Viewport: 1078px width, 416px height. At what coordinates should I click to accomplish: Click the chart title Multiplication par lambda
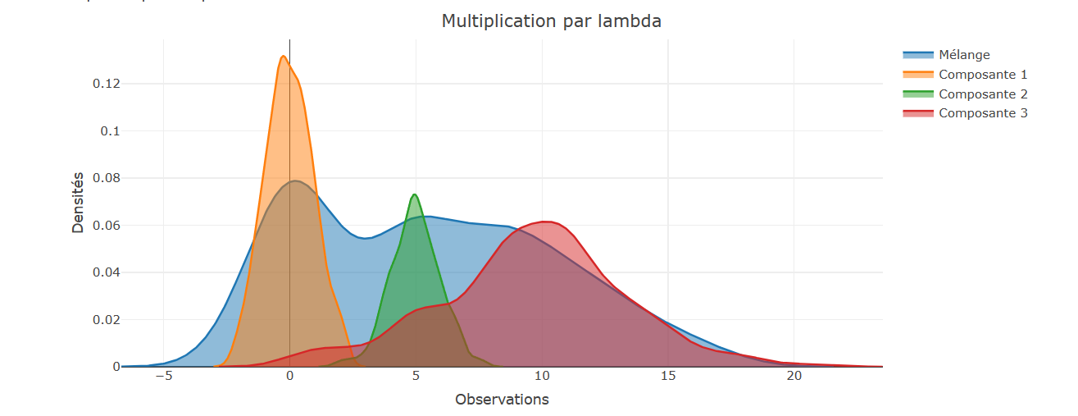(551, 21)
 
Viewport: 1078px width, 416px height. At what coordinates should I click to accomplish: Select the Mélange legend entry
(964, 55)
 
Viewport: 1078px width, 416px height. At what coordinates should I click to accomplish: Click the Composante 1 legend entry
(983, 75)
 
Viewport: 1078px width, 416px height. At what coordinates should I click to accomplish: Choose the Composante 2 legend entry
(983, 94)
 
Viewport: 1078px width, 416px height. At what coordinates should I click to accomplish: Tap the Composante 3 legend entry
(983, 113)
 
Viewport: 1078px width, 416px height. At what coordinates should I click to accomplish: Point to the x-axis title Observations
(502, 400)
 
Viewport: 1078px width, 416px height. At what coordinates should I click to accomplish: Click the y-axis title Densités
(78, 202)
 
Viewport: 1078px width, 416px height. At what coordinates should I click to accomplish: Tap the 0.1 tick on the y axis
(110, 131)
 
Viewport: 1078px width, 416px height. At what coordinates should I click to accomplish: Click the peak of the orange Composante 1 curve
(283, 56)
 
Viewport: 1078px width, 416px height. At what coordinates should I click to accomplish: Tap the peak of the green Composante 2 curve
(415, 194)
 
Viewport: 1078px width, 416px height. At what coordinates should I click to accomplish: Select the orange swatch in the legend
(918, 75)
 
